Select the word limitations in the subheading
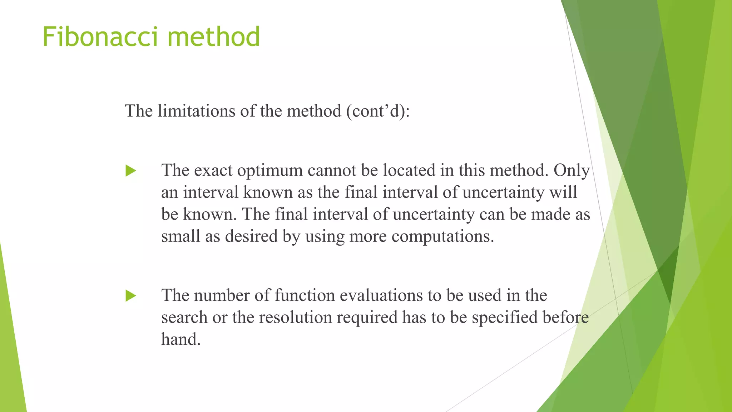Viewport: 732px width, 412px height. click(x=196, y=111)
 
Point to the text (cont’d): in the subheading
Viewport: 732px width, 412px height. click(x=378, y=111)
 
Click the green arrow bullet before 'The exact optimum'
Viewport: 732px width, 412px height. click(x=131, y=171)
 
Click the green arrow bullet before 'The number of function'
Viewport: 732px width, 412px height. click(x=131, y=296)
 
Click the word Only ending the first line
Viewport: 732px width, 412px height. click(x=572, y=171)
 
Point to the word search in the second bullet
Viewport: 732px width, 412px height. click(x=184, y=318)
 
